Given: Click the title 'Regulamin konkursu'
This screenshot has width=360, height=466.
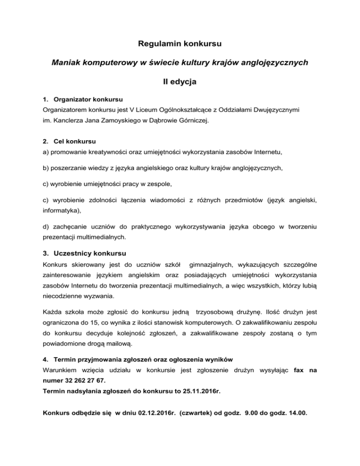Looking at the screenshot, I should click(180, 45).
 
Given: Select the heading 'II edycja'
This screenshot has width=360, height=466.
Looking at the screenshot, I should click(180, 82).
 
